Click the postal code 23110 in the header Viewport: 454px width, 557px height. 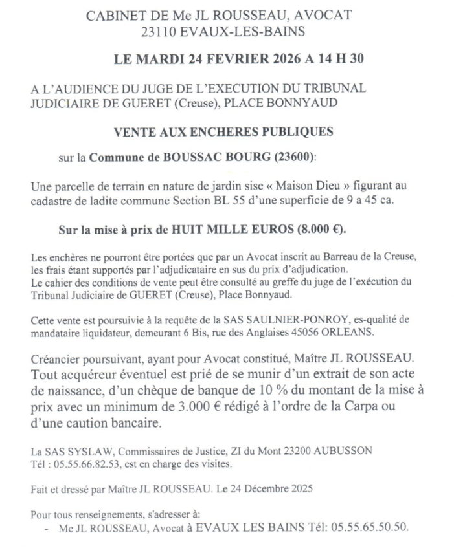click(x=160, y=30)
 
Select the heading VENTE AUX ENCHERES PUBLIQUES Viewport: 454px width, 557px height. click(x=223, y=131)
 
